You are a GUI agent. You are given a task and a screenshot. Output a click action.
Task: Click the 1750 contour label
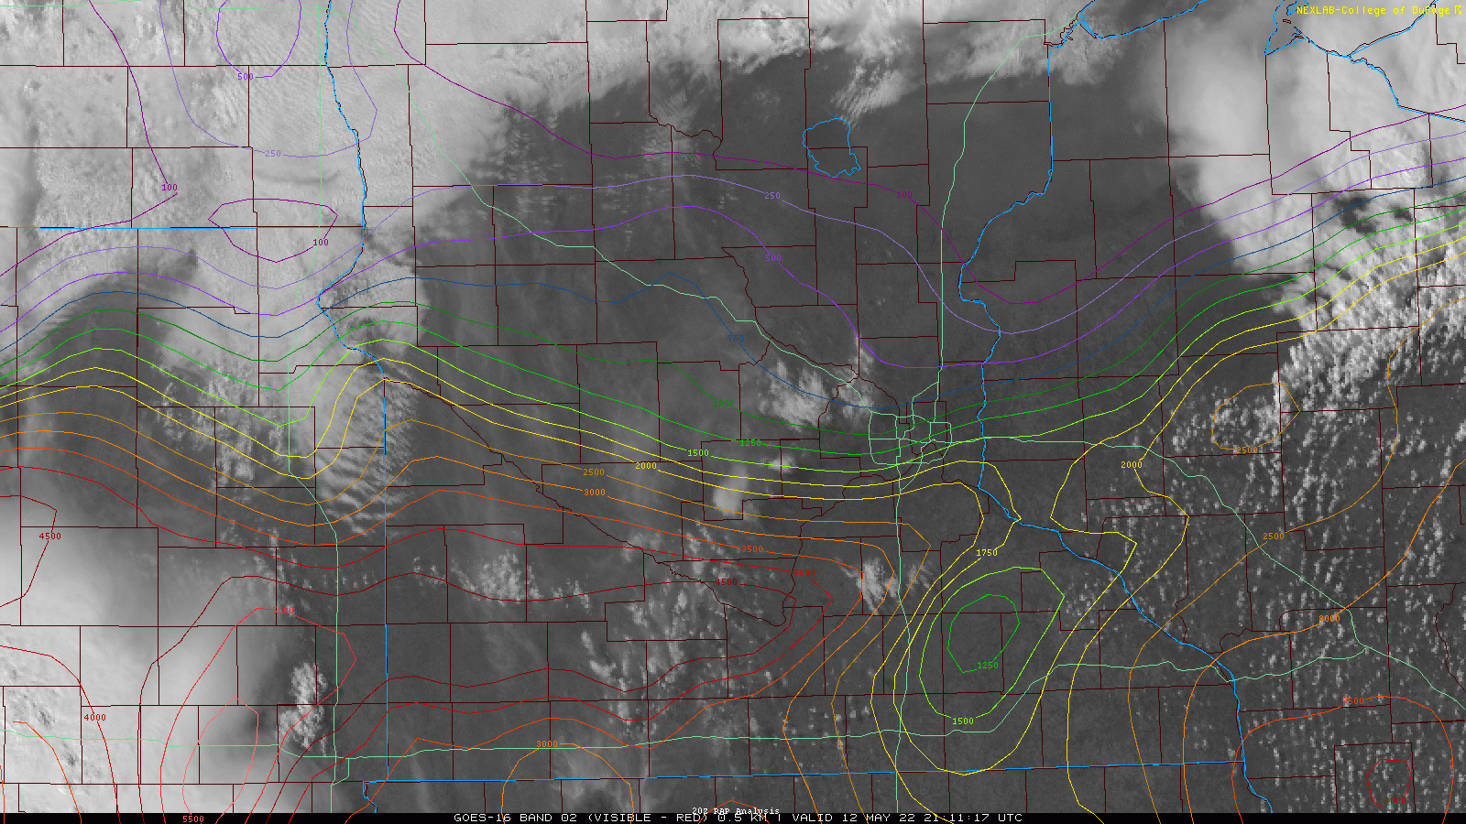click(x=987, y=553)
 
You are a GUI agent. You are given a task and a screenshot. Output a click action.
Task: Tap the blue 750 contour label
click(x=736, y=338)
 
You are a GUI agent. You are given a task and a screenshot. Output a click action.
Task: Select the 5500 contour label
click(x=192, y=819)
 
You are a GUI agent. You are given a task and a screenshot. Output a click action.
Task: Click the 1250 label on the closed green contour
click(x=988, y=666)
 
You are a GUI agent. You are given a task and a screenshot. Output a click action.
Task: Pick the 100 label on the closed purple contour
click(x=320, y=243)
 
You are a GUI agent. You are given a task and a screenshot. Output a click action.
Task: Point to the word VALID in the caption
click(x=813, y=818)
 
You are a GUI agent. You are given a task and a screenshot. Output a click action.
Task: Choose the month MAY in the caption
click(x=874, y=818)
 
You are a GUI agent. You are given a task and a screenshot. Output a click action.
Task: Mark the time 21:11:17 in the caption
click(x=954, y=818)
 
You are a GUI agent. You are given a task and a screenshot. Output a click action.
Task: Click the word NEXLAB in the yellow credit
click(x=1316, y=10)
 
